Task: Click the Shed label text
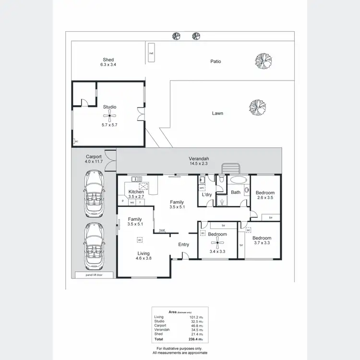click(x=108, y=60)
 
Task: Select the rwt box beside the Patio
click(x=151, y=53)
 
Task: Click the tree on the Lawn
click(x=257, y=107)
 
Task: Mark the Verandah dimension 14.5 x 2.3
click(x=198, y=164)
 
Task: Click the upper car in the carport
click(x=94, y=194)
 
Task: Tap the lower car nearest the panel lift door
click(x=94, y=245)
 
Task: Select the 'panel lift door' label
click(x=94, y=275)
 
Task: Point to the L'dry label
click(x=207, y=194)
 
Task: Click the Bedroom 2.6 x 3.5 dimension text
click(x=265, y=197)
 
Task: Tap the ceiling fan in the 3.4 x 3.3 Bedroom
click(x=217, y=243)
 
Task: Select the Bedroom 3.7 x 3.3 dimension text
click(x=262, y=243)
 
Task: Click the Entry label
click(x=184, y=245)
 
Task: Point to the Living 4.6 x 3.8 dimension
click(x=143, y=258)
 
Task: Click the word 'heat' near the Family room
click(x=162, y=230)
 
